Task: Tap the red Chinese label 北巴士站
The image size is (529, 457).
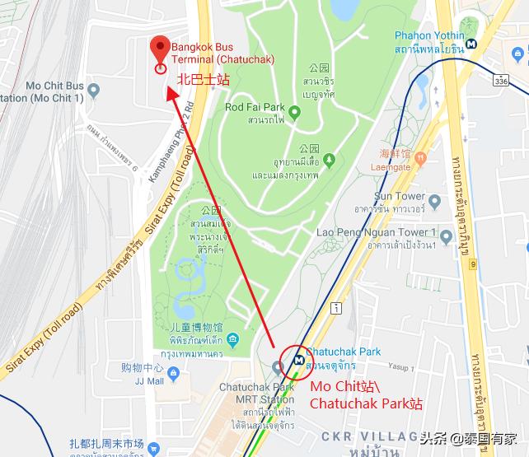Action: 204,80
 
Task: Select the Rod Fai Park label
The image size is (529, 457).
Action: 255,107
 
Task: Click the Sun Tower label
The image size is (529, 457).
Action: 400,196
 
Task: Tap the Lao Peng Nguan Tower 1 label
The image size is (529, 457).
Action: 376,233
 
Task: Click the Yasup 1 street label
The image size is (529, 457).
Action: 400,368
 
